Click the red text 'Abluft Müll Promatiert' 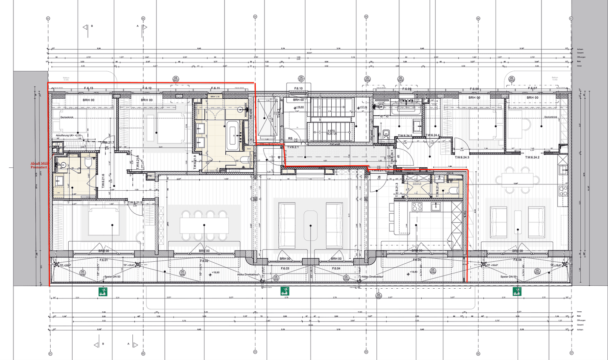[39, 165]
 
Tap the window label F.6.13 [88, 88]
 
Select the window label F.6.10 [298, 89]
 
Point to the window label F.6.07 [532, 88]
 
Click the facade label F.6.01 [104, 260]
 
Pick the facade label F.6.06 [517, 260]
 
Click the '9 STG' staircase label [331, 131]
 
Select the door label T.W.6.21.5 [135, 202]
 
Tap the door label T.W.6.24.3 [462, 158]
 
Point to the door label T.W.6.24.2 [532, 158]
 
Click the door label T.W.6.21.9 [195, 162]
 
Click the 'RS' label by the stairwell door [290, 139]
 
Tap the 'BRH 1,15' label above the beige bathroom [215, 97]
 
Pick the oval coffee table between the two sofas [310, 225]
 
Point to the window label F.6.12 [147, 88]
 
